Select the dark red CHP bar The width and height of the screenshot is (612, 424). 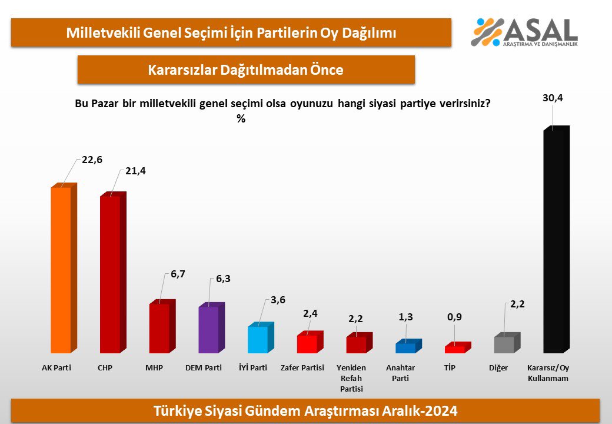(110, 274)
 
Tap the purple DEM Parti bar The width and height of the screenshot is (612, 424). (208, 330)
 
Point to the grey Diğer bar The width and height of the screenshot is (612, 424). (504, 344)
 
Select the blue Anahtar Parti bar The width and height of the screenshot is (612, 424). (405, 347)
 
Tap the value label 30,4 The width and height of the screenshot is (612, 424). (552, 98)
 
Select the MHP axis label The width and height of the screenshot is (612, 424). (154, 368)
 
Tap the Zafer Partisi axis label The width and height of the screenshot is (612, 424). (303, 368)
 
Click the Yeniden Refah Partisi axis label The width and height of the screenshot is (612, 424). (351, 378)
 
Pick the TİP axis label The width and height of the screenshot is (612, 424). (450, 368)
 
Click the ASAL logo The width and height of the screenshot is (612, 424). (524, 32)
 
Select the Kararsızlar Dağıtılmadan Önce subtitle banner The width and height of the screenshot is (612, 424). (246, 70)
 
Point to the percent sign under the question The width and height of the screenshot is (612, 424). (241, 118)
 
